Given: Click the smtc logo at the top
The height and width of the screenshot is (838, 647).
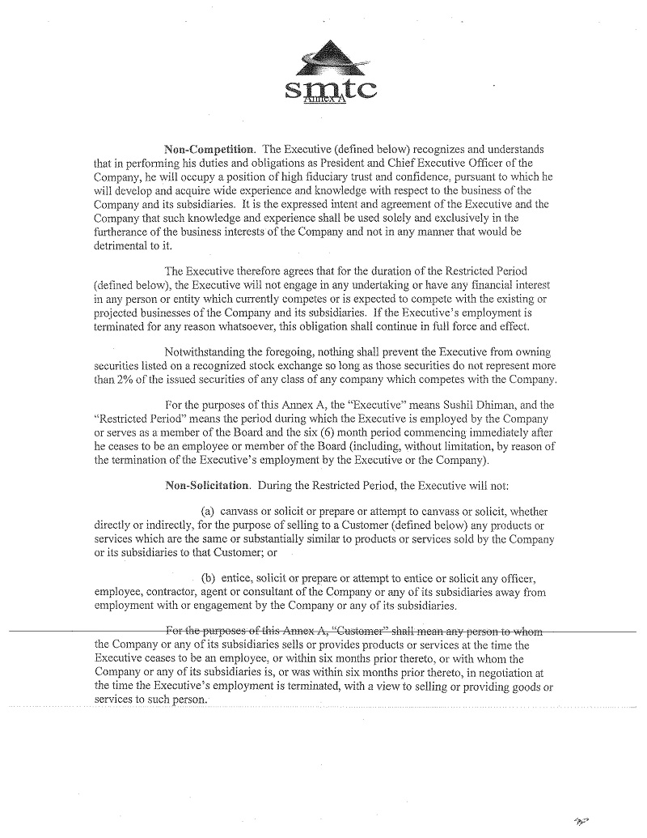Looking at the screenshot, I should [x=330, y=77].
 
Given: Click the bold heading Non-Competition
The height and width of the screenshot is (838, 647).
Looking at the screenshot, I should [x=209, y=150].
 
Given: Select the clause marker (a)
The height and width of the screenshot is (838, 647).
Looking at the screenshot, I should [x=207, y=512].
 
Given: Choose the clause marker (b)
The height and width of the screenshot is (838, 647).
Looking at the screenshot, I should [x=207, y=578].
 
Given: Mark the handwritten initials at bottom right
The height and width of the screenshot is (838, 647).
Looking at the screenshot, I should [x=581, y=821].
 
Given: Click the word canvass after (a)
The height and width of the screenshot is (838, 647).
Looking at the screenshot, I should [x=244, y=512].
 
